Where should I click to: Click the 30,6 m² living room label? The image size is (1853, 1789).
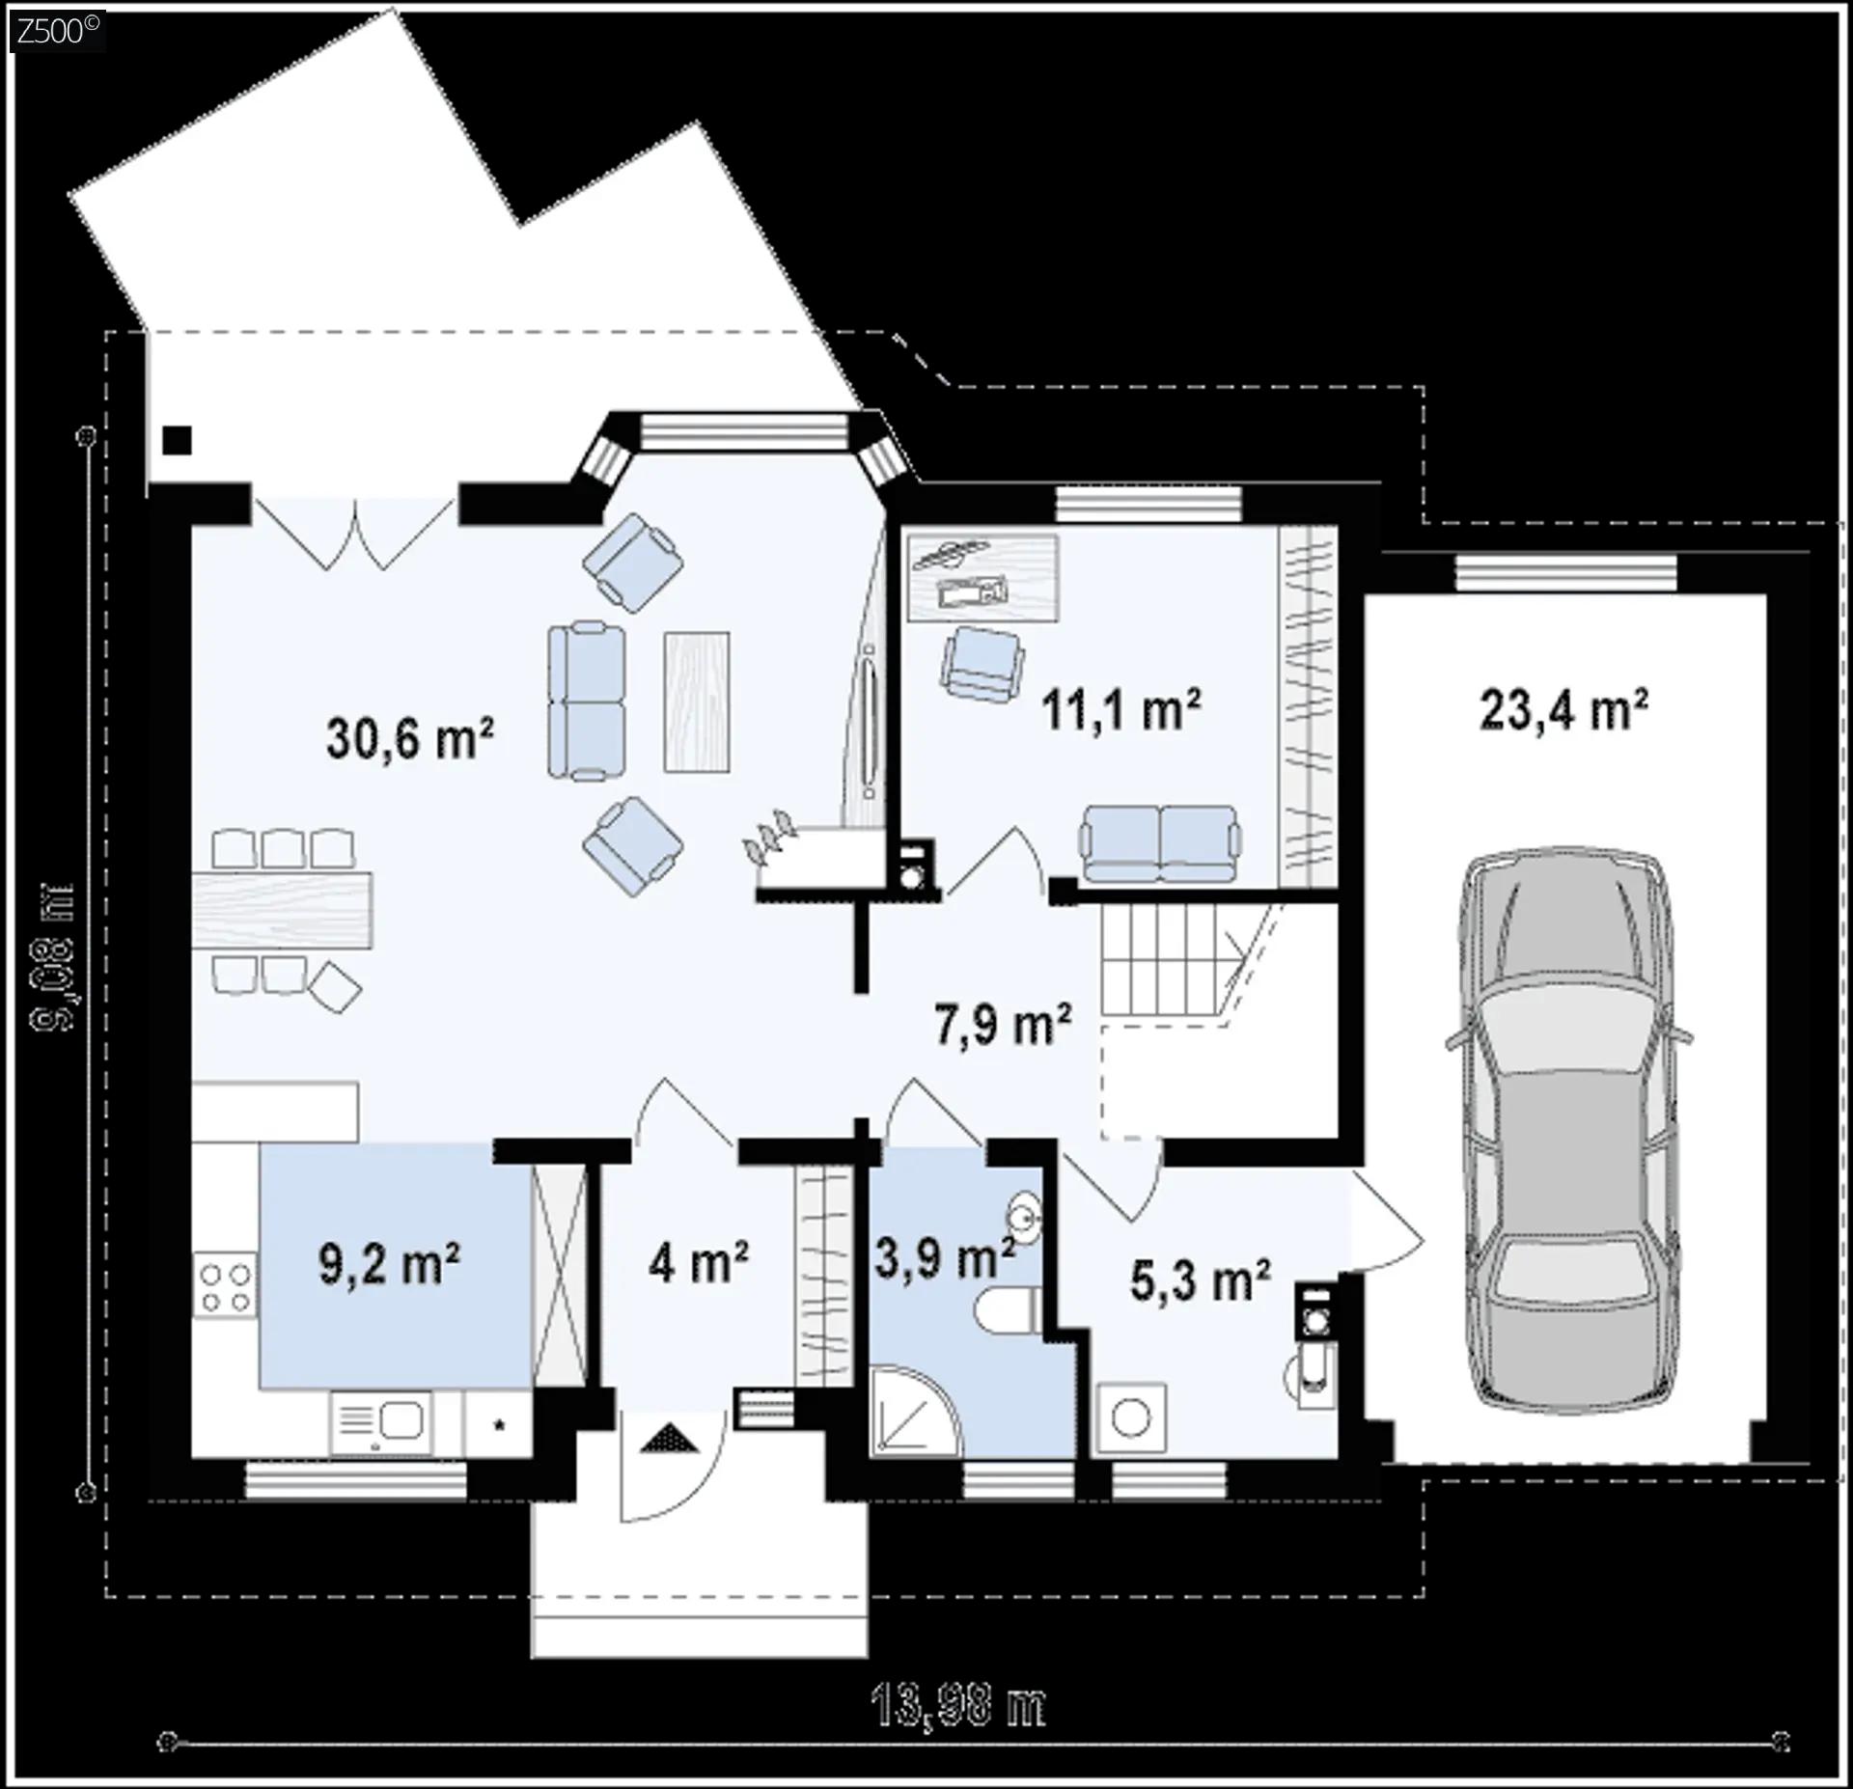(410, 739)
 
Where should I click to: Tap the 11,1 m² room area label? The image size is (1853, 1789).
(1120, 710)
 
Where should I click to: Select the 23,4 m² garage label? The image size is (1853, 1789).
(1563, 710)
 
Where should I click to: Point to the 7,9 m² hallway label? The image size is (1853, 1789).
(1003, 1024)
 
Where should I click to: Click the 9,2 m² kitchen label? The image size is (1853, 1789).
(389, 1264)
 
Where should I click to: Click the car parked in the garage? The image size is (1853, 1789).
(1565, 1129)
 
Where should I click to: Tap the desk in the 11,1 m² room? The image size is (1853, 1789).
(983, 576)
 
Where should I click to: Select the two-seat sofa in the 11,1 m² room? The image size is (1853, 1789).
(1159, 843)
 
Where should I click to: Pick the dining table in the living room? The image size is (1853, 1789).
(282, 909)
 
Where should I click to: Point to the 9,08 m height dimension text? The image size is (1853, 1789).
(52, 955)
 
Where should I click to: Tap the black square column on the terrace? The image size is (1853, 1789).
(177, 440)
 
